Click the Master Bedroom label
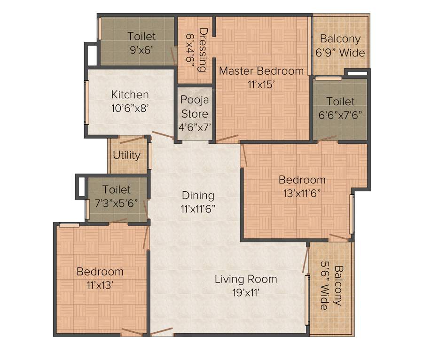click(x=261, y=71)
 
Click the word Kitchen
click(x=130, y=94)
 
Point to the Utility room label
click(x=126, y=155)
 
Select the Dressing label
click(x=203, y=50)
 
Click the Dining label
click(x=198, y=195)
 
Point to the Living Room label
click(x=246, y=279)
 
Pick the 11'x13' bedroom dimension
click(x=100, y=284)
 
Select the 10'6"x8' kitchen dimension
click(x=130, y=107)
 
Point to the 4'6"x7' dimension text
click(x=195, y=126)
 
